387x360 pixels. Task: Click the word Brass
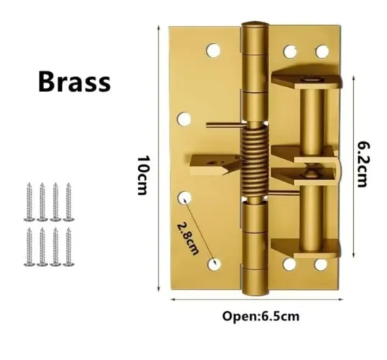(74, 81)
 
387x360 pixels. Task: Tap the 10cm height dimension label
(143, 175)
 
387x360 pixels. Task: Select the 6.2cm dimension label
(364, 165)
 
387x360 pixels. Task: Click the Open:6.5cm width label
(261, 316)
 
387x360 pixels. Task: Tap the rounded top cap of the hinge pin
(255, 24)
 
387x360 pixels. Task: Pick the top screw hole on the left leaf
(213, 50)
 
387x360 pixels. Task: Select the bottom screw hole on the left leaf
(214, 264)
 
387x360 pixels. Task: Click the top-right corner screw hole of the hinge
(322, 51)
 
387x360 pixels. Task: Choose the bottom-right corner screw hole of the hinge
(321, 265)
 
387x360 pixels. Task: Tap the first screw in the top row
(29, 202)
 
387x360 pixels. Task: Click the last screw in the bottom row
(68, 247)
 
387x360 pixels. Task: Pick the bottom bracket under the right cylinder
(306, 248)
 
